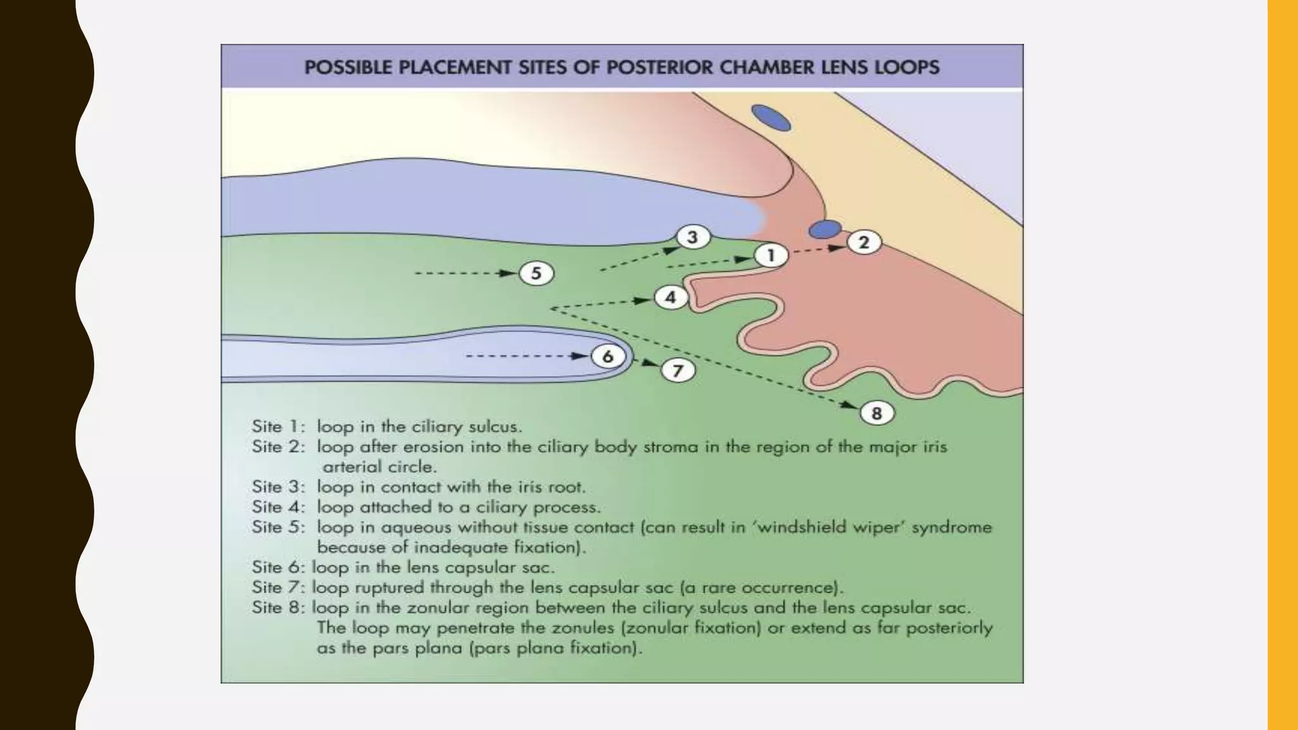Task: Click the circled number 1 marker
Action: pos(771,255)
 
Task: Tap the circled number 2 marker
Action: pos(864,242)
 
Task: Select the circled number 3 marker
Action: pos(692,237)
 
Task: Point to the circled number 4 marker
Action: pos(670,297)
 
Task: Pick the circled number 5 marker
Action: pos(536,273)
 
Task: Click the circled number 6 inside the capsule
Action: pos(608,356)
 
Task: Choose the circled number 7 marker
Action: pos(678,370)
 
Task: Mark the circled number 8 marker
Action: pos(877,413)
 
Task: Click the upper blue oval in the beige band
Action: pos(771,118)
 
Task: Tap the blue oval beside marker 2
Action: pos(825,229)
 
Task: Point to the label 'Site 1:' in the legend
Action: pos(278,426)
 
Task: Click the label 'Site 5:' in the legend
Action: pos(278,527)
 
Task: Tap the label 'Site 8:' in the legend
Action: pos(278,608)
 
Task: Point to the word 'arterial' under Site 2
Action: pos(351,467)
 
